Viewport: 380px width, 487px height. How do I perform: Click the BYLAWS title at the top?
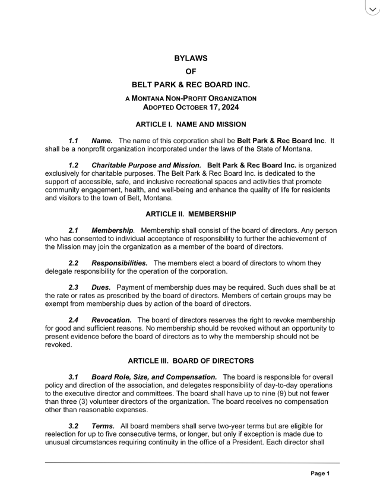tap(191, 58)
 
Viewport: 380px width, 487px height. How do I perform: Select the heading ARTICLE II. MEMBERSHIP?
tap(191, 213)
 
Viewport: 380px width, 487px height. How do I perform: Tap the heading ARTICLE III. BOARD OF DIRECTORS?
tap(191, 360)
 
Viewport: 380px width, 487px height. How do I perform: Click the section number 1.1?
tap(74, 140)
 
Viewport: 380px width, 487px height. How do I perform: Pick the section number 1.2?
tap(74, 165)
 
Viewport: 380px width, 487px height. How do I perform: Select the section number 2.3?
tap(74, 287)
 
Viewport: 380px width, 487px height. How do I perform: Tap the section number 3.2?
tap(74, 426)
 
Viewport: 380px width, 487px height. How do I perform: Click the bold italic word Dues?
tap(101, 287)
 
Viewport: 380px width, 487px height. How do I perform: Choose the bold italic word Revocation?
tap(112, 320)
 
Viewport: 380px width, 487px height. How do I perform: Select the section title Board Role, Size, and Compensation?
tap(154, 377)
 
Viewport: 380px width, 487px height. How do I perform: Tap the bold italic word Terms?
tap(103, 426)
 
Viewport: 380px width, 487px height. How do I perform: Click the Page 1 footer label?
tap(320, 473)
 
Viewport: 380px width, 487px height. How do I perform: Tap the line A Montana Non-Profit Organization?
tap(191, 97)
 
